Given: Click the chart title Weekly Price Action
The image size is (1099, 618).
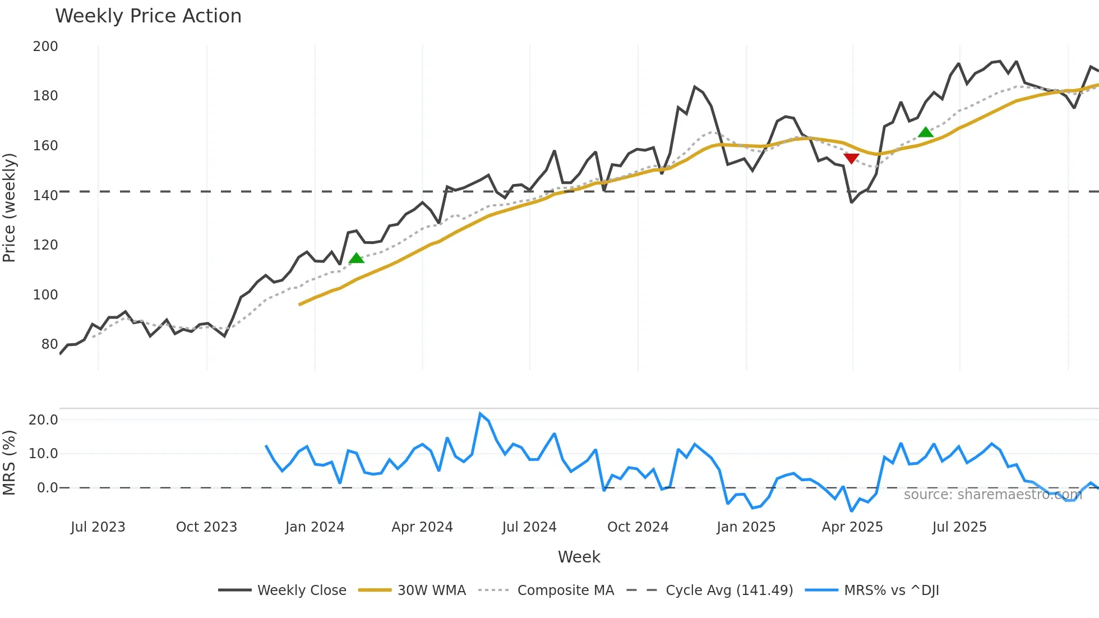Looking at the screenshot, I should tap(148, 16).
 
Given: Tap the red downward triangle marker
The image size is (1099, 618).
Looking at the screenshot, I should tap(851, 159).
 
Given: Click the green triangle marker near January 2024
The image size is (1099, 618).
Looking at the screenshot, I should tap(357, 258).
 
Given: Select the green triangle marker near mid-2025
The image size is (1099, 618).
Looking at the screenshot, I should tap(926, 132).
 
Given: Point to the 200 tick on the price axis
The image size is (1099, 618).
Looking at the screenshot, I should tap(45, 47).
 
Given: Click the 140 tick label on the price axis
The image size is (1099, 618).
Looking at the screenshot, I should tap(45, 195).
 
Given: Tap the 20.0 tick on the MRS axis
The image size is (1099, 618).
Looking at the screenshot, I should tap(43, 419).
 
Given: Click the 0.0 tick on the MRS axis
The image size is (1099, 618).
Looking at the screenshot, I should tap(47, 488).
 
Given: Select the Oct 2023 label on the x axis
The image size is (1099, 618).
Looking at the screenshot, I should tap(206, 527).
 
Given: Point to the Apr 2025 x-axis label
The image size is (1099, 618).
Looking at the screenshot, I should tap(852, 527).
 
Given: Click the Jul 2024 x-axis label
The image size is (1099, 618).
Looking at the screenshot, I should tap(529, 527).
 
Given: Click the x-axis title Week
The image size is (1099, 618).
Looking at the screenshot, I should tap(579, 557).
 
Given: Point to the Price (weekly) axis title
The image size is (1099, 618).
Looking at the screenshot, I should tap(9, 207).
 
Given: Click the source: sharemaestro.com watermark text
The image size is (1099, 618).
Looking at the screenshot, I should tap(992, 495).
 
